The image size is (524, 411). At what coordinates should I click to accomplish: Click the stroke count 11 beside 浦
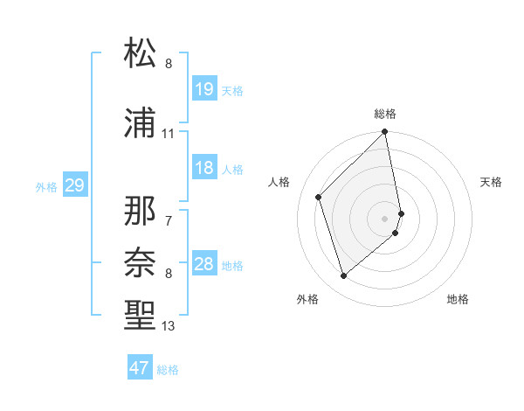tap(169, 134)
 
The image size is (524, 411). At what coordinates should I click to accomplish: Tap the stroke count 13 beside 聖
tap(169, 326)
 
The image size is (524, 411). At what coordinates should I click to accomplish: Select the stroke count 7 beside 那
tap(169, 220)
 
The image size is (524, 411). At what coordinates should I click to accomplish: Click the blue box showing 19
tap(203, 89)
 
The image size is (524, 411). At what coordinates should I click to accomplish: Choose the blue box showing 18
tap(203, 168)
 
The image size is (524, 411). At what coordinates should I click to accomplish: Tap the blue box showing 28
tap(203, 264)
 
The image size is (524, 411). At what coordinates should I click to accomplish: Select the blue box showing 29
tap(74, 185)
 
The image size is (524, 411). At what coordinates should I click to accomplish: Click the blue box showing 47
tap(139, 368)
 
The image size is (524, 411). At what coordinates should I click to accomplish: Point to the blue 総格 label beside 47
tap(168, 370)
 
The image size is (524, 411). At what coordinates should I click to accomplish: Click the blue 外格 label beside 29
tap(46, 187)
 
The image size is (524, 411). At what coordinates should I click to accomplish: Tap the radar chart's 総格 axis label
tap(385, 114)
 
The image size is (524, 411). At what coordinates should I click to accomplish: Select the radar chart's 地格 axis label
tap(458, 299)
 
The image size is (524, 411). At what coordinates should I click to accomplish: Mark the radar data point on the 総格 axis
tap(385, 133)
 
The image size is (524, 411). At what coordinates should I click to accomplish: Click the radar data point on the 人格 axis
tap(319, 197)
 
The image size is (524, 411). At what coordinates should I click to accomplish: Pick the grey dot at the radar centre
tap(385, 218)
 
